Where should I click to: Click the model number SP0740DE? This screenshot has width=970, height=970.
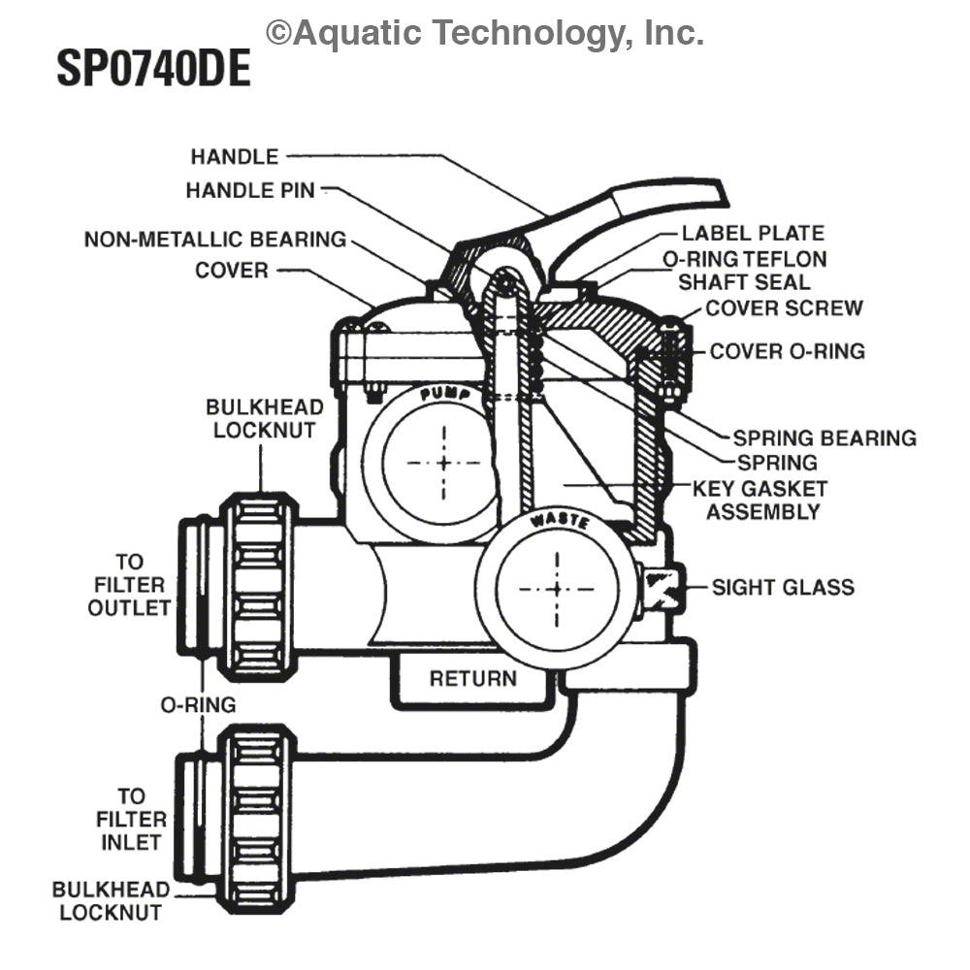(x=153, y=69)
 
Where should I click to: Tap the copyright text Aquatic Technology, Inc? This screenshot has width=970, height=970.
(x=485, y=33)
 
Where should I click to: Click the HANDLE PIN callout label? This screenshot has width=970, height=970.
(x=250, y=191)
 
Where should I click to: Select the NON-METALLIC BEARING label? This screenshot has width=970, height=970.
(x=214, y=240)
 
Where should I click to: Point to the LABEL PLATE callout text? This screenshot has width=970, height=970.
(x=752, y=233)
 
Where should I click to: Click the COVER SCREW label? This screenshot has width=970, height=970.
(x=784, y=308)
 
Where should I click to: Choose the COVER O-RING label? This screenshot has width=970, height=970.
(x=787, y=351)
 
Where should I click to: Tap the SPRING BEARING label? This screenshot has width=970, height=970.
(x=824, y=438)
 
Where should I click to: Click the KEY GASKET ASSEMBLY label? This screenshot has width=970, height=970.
(x=766, y=500)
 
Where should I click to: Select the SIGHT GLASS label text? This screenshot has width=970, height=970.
(x=783, y=587)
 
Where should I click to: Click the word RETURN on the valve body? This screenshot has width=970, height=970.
(x=473, y=678)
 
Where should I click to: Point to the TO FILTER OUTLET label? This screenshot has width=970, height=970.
(x=129, y=585)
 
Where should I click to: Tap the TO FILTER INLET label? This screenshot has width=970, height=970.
(x=129, y=820)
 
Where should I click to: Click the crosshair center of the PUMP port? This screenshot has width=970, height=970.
(x=444, y=462)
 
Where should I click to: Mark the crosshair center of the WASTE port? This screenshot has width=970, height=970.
(x=556, y=589)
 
